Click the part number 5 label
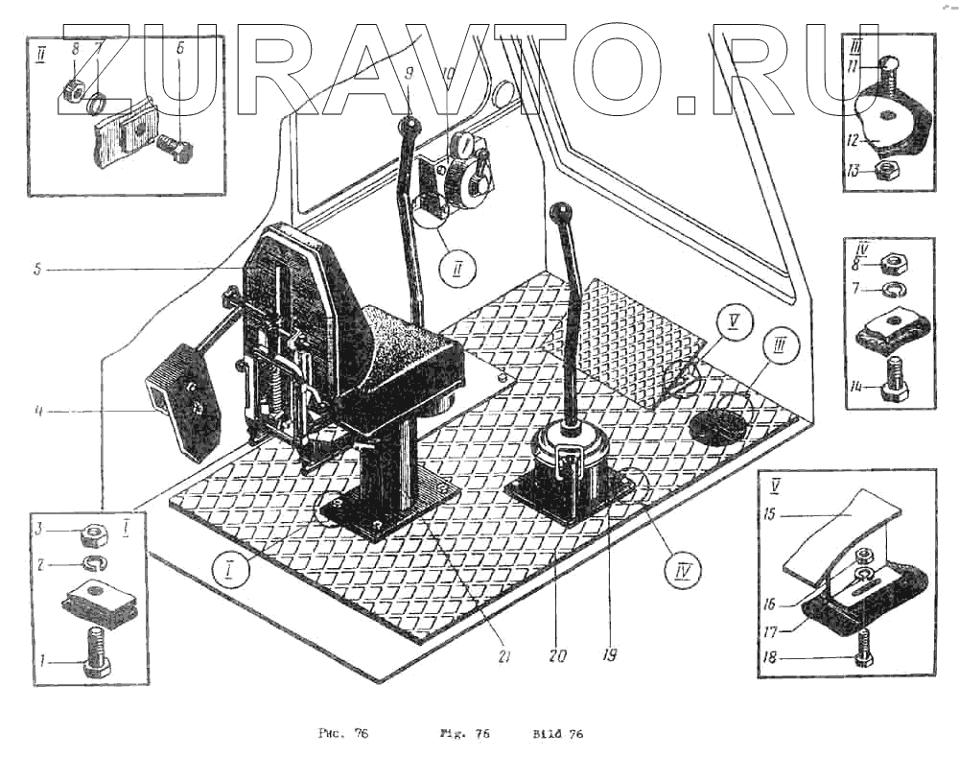(36, 271)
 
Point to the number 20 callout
(558, 656)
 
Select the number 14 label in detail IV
(856, 388)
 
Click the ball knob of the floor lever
(562, 212)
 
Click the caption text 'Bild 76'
(557, 735)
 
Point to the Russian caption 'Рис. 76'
(342, 735)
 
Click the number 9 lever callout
(409, 71)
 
